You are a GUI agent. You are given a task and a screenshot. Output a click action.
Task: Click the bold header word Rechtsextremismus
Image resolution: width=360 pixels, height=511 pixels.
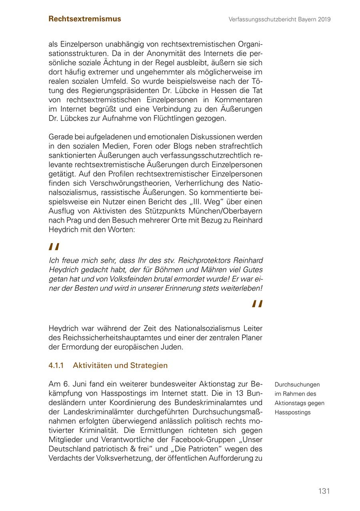pyautogui.click(x=84, y=19)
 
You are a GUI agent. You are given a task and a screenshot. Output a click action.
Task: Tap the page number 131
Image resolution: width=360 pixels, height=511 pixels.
pyautogui.click(x=324, y=491)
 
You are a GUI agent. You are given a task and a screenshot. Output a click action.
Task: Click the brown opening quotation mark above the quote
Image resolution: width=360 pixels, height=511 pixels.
pyautogui.click(x=54, y=247)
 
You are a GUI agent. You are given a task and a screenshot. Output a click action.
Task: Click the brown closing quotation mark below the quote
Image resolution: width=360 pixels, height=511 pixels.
pyautogui.click(x=257, y=304)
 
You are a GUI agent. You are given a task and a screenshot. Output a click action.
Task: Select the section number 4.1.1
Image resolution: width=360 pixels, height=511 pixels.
pyautogui.click(x=56, y=366)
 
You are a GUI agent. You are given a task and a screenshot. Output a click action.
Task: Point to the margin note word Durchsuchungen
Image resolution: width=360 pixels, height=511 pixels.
pyautogui.click(x=297, y=384)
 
